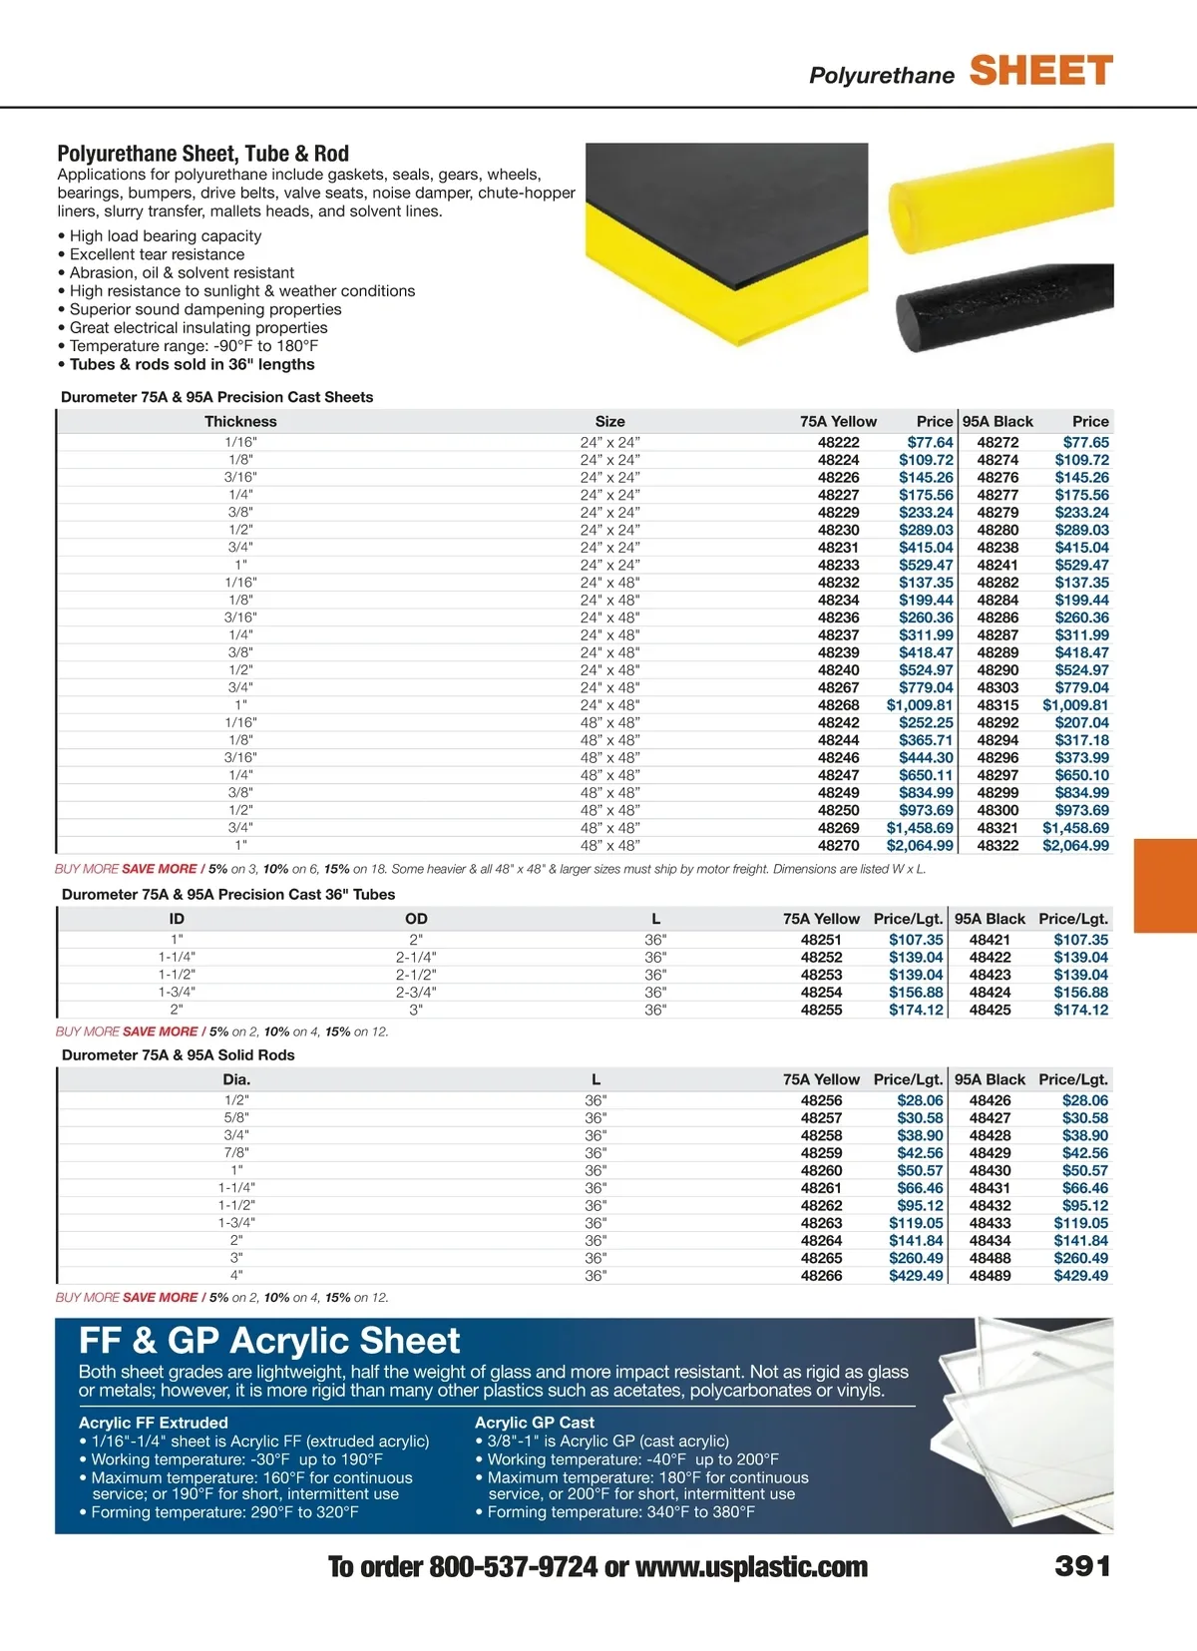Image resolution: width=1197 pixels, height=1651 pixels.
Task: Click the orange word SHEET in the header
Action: point(1040,71)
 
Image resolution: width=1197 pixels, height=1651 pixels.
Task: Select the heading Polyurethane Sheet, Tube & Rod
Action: point(202,154)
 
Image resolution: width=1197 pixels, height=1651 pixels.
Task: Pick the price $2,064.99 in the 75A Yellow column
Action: point(920,846)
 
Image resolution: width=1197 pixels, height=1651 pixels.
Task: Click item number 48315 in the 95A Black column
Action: point(997,705)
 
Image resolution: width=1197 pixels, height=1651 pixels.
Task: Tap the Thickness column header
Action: point(240,422)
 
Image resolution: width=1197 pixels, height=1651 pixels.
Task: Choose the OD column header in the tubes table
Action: point(416,919)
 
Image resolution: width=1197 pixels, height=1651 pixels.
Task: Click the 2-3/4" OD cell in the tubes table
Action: point(416,993)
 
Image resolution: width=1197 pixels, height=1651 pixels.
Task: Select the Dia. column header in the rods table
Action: point(236,1079)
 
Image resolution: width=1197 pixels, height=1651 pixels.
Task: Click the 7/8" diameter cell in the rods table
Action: point(236,1153)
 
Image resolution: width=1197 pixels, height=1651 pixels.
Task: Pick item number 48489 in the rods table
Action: point(990,1276)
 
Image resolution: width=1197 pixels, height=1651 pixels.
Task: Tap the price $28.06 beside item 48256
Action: point(919,1100)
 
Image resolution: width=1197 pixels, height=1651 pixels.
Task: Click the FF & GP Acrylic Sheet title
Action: point(269,1341)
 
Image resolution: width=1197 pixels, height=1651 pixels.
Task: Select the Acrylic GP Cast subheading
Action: point(534,1423)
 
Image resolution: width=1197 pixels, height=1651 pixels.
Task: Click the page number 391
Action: point(1082,1567)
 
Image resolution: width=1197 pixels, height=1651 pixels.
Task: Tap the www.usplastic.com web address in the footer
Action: point(751,1568)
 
